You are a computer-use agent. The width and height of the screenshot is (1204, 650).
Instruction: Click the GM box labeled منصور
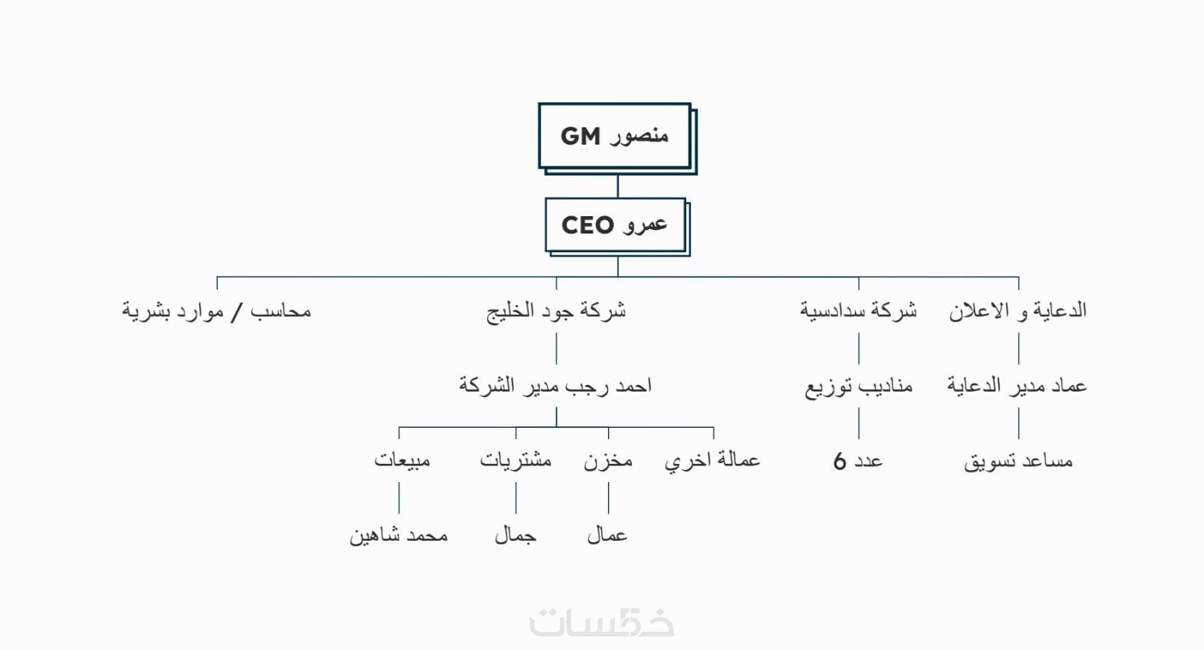[x=615, y=136]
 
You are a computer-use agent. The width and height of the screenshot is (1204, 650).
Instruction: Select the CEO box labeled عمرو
[x=615, y=224]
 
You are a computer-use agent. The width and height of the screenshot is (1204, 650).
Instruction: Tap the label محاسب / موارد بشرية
[x=217, y=311]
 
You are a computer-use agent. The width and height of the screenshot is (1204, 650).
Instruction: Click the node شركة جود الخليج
[x=556, y=311]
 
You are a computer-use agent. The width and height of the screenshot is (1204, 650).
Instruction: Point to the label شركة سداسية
[x=858, y=310]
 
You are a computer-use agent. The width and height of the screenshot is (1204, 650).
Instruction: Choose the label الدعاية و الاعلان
[x=1017, y=311]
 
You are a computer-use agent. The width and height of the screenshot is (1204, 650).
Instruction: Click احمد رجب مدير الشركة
[x=555, y=386]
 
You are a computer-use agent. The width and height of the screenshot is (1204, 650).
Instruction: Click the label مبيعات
[x=402, y=460]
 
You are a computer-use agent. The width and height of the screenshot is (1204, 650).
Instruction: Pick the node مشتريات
[x=515, y=460]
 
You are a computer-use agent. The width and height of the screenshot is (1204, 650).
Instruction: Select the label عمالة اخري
[x=712, y=460]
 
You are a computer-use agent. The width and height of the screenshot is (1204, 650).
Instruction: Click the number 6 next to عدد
[x=840, y=461]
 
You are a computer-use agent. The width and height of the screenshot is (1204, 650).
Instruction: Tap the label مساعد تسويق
[x=1018, y=461]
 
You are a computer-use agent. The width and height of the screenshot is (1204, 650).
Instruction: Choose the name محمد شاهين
[x=398, y=536]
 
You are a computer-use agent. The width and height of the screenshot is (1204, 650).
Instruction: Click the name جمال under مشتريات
[x=515, y=536]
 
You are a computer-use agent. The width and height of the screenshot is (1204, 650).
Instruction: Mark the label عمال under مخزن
[x=607, y=536]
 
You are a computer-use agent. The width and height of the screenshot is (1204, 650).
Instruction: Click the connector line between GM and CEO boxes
[x=618, y=186]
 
